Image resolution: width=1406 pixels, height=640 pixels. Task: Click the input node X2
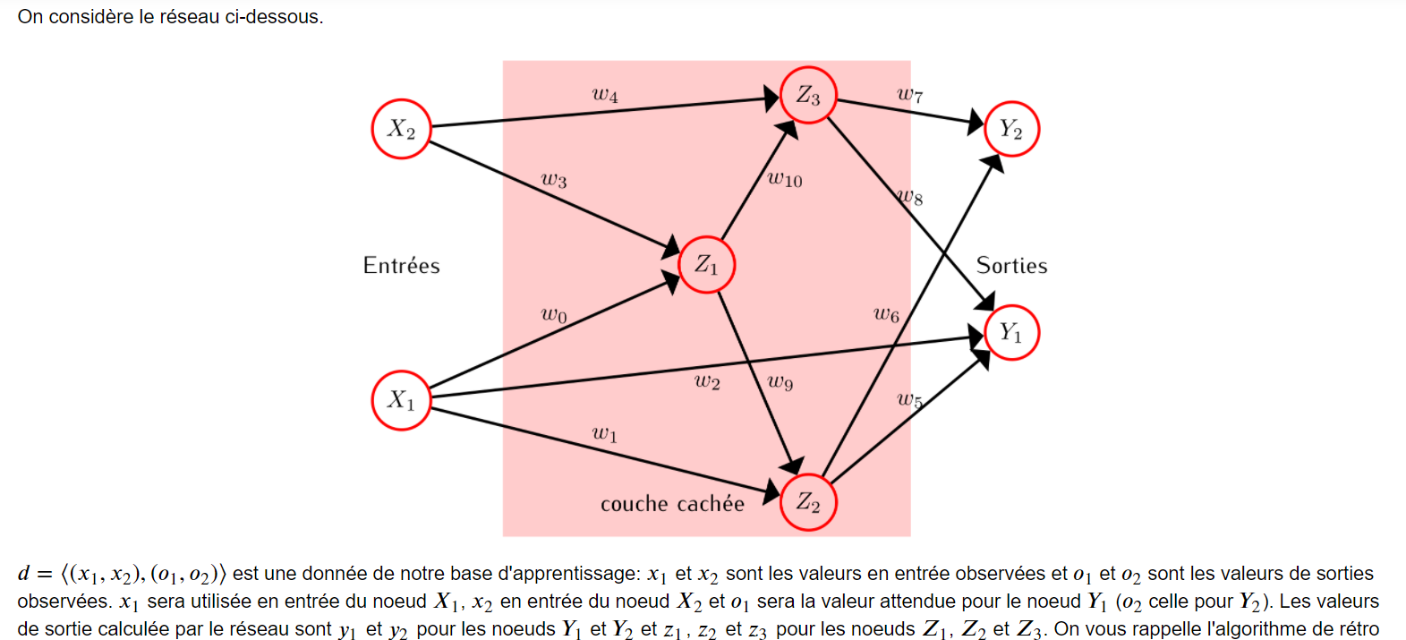(401, 129)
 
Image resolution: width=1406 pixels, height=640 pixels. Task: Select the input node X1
(401, 399)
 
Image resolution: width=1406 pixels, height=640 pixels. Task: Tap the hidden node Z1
(707, 265)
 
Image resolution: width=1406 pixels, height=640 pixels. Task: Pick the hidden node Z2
(808, 502)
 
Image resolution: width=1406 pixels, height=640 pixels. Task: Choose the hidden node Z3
(808, 95)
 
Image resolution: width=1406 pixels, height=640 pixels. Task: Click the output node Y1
(1011, 333)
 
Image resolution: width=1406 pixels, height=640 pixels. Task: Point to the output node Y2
(1011, 129)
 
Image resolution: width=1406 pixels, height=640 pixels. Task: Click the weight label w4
(605, 94)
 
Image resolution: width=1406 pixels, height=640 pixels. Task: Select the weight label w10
(785, 179)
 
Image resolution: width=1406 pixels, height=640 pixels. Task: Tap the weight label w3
(554, 180)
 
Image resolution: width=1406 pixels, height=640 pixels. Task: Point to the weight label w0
(554, 315)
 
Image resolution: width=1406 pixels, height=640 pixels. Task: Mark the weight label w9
(780, 382)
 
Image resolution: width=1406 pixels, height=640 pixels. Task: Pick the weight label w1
(605, 434)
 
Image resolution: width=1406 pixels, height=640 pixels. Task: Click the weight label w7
(909, 94)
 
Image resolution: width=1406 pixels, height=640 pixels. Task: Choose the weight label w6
(886, 314)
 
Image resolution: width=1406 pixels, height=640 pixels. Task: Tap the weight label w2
(707, 382)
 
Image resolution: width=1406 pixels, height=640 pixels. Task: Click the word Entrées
(401, 266)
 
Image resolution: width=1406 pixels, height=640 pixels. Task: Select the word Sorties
(1011, 266)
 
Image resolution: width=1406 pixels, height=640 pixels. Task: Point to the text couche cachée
(672, 504)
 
